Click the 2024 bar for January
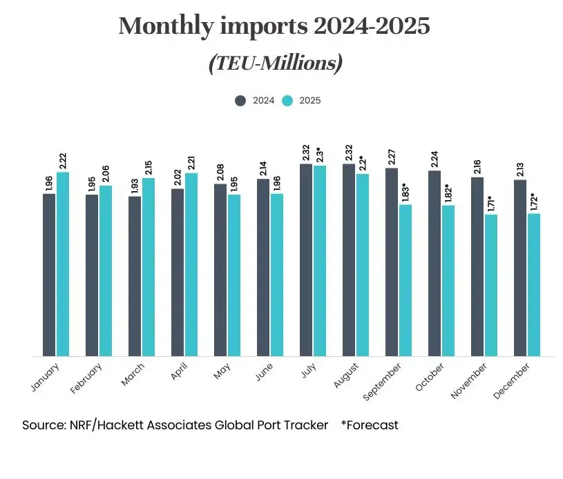tap(49, 275)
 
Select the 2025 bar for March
tap(149, 267)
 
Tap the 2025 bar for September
tap(405, 280)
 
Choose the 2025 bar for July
tap(320, 261)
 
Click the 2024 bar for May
tap(220, 270)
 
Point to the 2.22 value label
tap(63, 160)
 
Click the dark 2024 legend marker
tap(240, 100)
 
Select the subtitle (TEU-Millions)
tap(276, 63)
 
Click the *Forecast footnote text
tap(370, 425)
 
